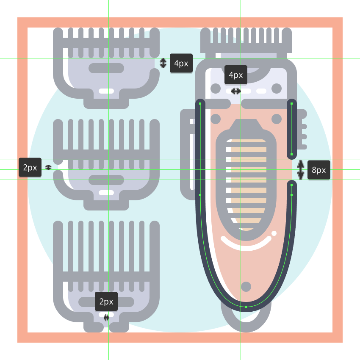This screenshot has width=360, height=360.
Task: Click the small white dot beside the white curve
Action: point(274,233)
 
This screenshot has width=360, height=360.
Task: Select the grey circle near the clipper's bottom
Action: point(246,287)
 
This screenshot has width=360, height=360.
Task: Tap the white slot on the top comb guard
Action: point(106,91)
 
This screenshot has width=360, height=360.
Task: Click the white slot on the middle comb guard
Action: point(106,193)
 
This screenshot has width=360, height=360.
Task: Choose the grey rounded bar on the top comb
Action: point(106,68)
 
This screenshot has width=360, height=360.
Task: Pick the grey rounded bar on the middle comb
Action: point(106,180)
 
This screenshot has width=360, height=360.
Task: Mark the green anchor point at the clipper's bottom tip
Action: point(246,307)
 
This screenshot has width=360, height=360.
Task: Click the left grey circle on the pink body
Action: point(216,119)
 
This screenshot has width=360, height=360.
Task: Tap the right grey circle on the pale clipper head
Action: point(277,89)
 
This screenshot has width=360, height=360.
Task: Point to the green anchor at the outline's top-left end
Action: point(200,104)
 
